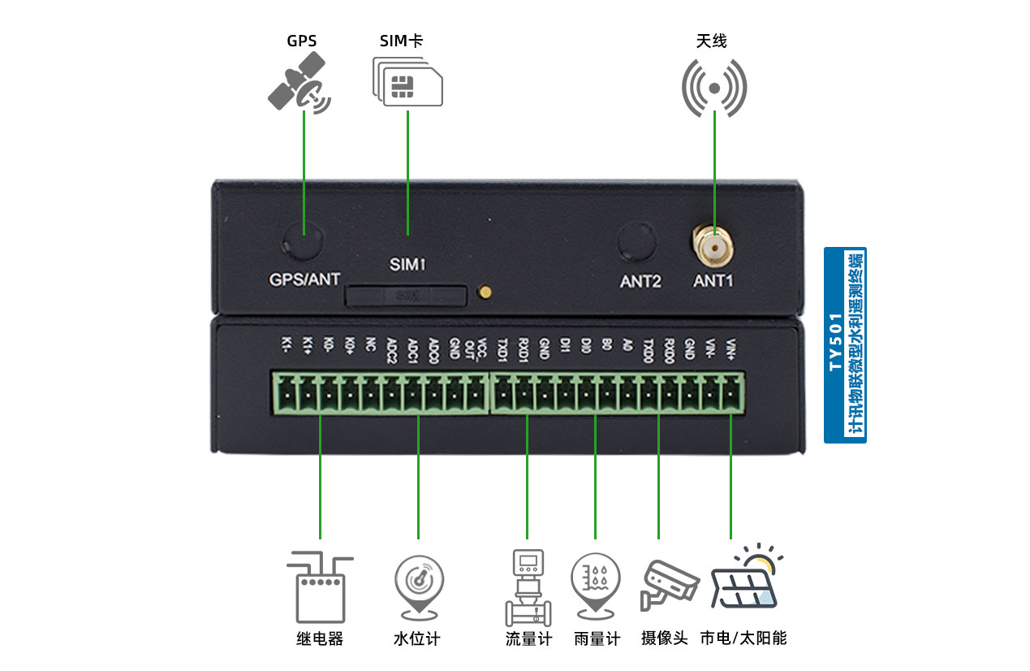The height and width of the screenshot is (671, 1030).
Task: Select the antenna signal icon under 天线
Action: (713, 87)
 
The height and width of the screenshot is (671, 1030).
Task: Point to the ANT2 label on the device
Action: (640, 282)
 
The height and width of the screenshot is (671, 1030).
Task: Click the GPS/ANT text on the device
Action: (304, 280)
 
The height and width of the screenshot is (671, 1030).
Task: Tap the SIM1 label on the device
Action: (407, 265)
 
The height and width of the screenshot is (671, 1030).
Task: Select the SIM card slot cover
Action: (406, 296)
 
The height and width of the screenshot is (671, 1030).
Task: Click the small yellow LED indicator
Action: (485, 292)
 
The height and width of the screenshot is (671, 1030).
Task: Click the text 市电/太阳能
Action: (743, 639)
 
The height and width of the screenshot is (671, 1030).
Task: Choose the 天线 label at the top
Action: (711, 41)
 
